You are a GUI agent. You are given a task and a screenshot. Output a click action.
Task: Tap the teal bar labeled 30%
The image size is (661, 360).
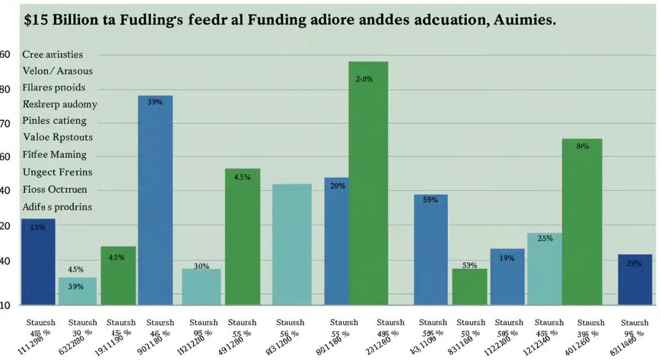201,286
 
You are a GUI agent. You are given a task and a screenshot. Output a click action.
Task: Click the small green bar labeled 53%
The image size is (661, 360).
469,286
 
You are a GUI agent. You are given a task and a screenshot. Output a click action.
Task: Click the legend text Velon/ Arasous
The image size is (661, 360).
57,71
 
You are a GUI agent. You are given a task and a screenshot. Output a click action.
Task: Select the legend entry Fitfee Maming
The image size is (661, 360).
55,155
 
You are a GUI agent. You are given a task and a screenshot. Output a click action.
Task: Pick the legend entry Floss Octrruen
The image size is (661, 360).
55,190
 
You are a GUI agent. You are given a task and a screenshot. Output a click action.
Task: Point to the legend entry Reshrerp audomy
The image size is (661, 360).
59,104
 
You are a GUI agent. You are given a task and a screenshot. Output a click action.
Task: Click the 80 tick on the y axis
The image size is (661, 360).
5,89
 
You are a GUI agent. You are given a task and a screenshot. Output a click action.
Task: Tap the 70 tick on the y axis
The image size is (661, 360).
5,123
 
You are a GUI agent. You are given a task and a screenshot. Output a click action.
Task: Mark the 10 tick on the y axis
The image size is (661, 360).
4,306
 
